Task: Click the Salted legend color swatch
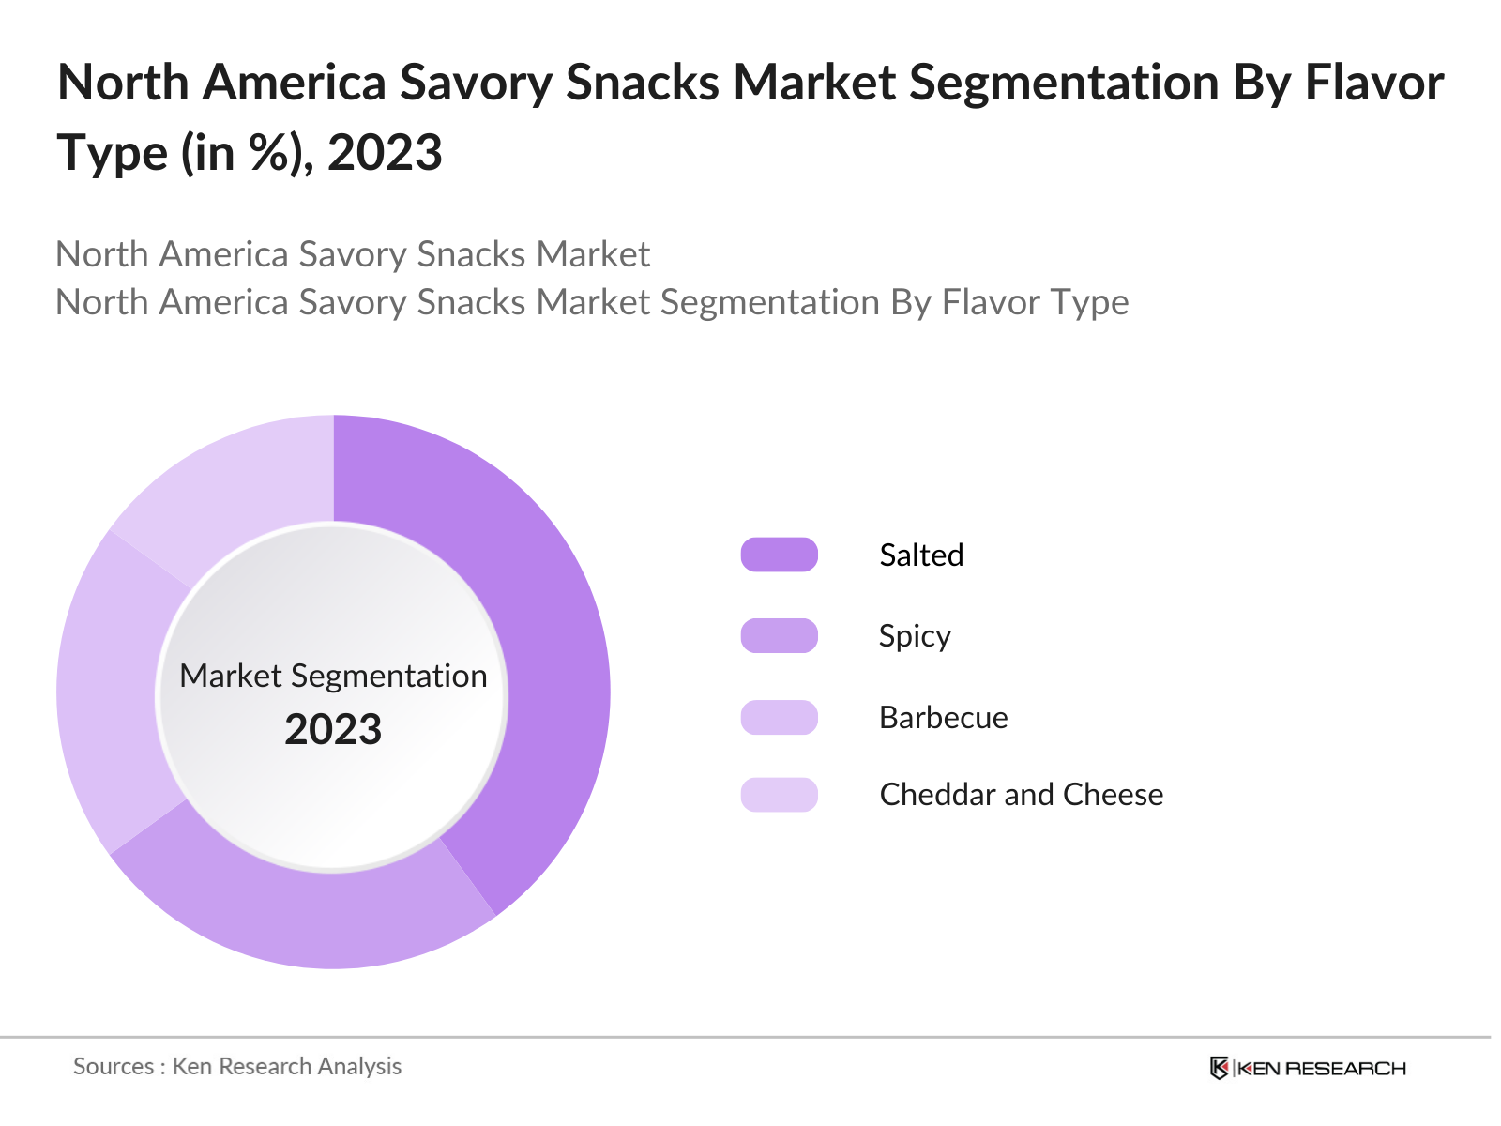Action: click(x=779, y=555)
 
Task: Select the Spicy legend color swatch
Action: click(x=779, y=636)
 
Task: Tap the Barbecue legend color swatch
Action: click(x=779, y=717)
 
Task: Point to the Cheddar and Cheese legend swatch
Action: click(x=779, y=795)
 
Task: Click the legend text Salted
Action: click(x=921, y=555)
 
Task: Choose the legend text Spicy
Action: click(x=915, y=636)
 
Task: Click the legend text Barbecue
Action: click(x=943, y=717)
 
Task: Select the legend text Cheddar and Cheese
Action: click(x=1021, y=795)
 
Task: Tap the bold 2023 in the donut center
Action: click(x=333, y=730)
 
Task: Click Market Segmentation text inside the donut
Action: click(x=333, y=676)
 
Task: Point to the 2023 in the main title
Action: click(x=385, y=152)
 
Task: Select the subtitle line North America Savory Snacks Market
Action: click(x=353, y=254)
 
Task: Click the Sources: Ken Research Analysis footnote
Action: click(x=237, y=1066)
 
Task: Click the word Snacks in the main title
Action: click(x=643, y=83)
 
